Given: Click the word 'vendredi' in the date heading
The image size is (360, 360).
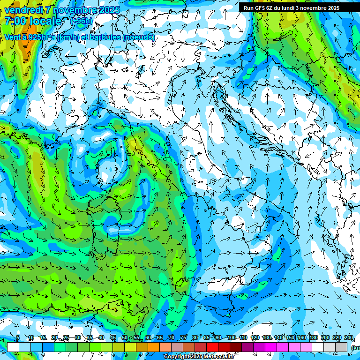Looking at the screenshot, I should pos(22,10).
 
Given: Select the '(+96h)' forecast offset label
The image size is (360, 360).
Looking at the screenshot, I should pos(81,21).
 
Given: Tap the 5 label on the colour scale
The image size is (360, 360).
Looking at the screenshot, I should pos(18,337).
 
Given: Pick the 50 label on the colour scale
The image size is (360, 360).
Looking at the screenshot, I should pos(125,337).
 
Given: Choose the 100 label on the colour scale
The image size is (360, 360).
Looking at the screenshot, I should pos(231,337).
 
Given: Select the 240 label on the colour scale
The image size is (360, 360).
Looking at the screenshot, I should pos(348,337).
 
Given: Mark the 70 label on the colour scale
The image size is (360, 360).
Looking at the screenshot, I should pos(172,337).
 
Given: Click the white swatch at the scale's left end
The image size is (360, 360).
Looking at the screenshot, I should pos(13,346).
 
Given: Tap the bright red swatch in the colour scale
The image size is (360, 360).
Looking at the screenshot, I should pos(212,346).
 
